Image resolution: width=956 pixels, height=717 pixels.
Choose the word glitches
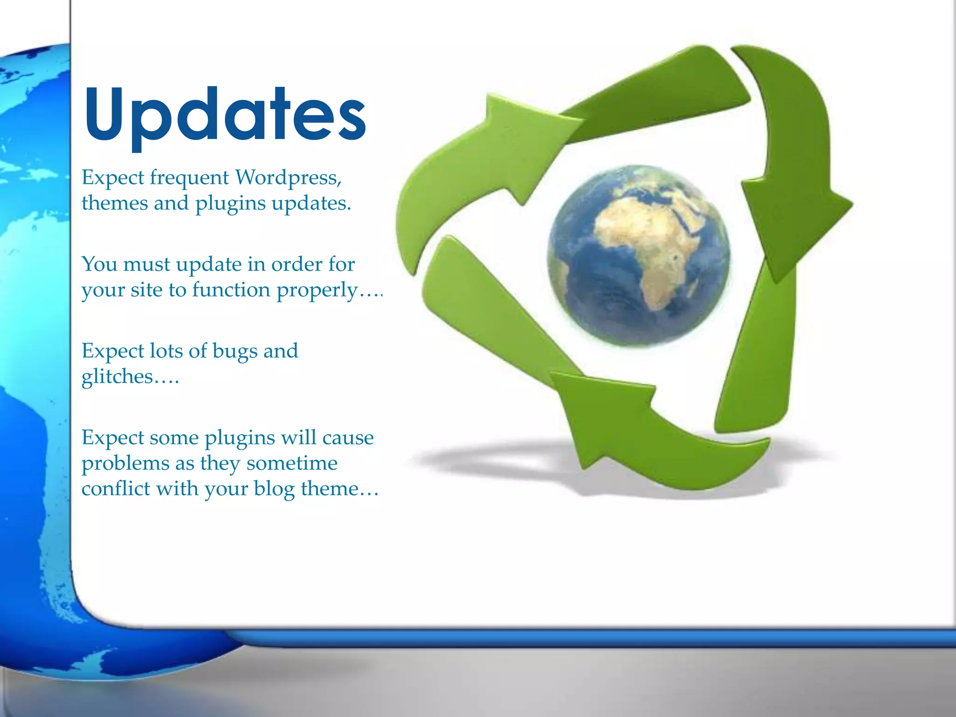117,377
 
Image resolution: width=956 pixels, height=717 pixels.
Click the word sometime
292,463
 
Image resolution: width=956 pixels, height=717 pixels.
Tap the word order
296,265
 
